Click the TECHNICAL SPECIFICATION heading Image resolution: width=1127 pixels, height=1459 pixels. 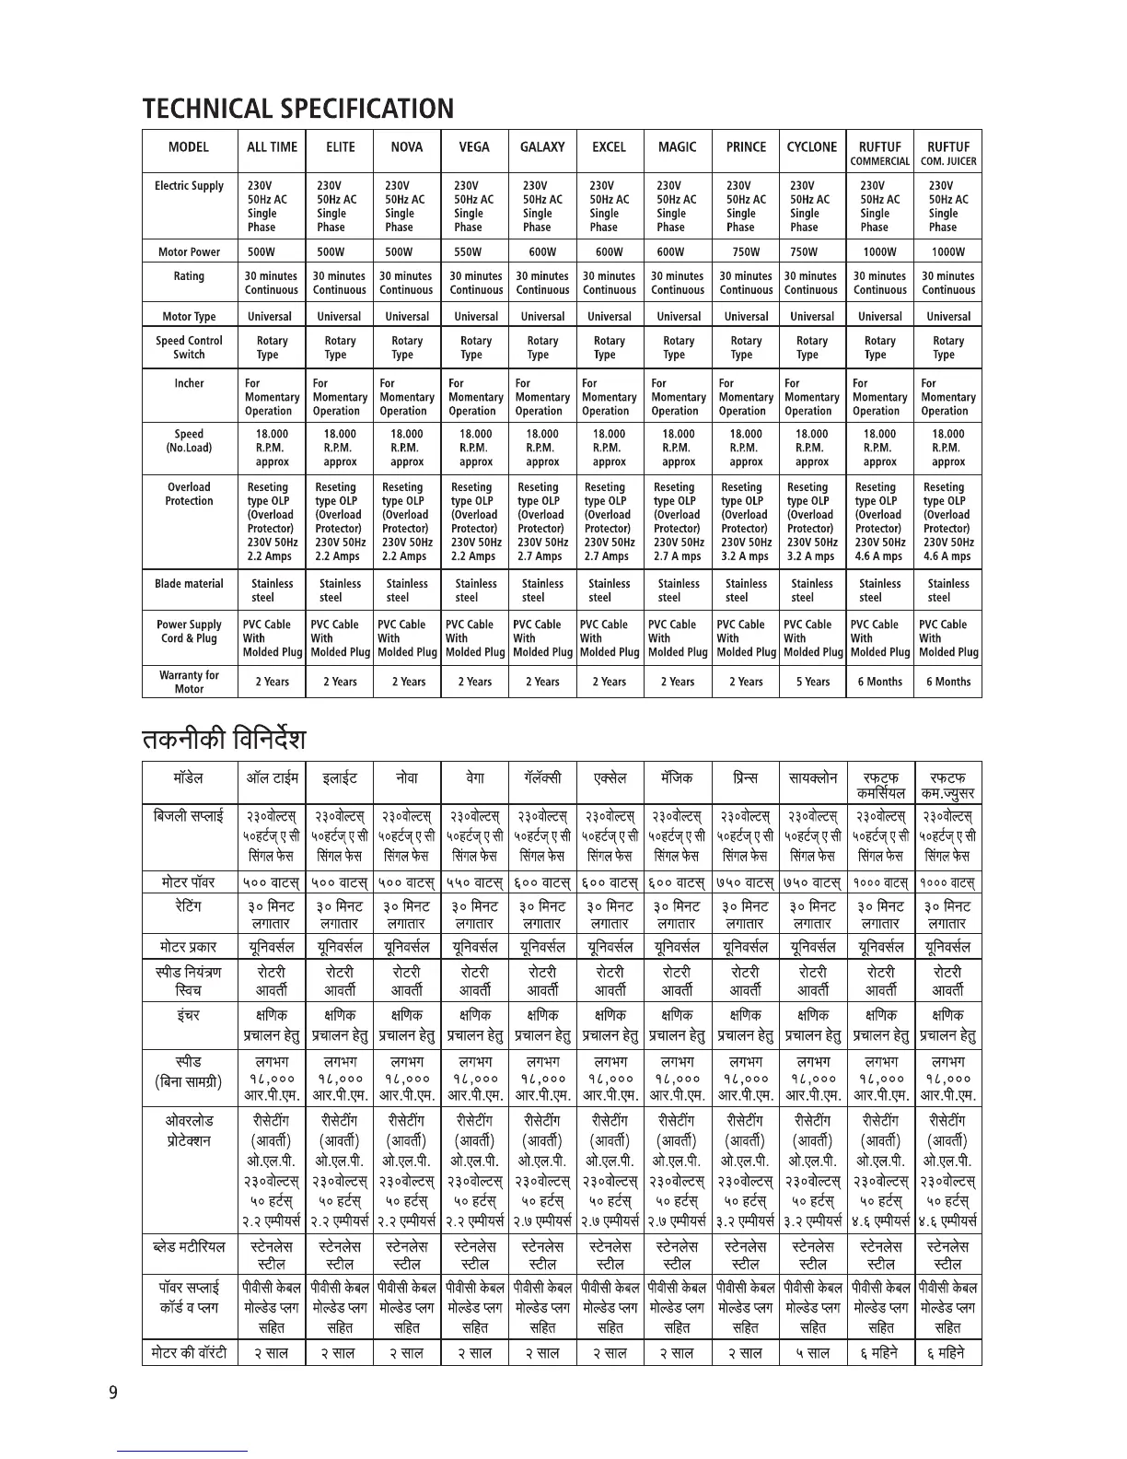tap(297, 109)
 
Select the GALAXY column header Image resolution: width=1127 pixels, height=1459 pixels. tap(542, 146)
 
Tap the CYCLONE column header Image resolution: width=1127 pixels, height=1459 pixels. tap(812, 146)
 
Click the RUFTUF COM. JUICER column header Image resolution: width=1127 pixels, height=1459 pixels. tap(948, 153)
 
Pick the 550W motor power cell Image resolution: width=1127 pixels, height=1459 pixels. tap(475, 251)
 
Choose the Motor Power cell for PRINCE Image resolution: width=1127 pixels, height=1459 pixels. tap(746, 251)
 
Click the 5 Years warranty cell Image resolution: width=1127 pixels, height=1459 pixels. tap(812, 682)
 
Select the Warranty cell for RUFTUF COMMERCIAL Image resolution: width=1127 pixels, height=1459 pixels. tap(879, 682)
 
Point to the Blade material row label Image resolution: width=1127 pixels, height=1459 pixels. tap(189, 584)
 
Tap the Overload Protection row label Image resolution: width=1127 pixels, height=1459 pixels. tap(189, 494)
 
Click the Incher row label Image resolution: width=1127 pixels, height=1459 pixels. tap(189, 383)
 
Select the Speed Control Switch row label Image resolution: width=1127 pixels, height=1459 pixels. tap(189, 347)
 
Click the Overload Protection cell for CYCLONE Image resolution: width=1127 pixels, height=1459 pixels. tap(812, 521)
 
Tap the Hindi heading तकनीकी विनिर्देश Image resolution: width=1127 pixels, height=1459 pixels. tap(223, 739)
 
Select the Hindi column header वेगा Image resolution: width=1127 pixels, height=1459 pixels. tap(475, 777)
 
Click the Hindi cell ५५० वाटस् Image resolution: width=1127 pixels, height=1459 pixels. tap(475, 882)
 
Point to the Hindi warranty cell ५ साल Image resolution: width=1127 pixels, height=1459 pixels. tap(813, 1353)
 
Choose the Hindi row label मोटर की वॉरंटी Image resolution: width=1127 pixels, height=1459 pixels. tap(189, 1353)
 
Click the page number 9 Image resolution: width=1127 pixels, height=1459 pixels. tap(113, 1392)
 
